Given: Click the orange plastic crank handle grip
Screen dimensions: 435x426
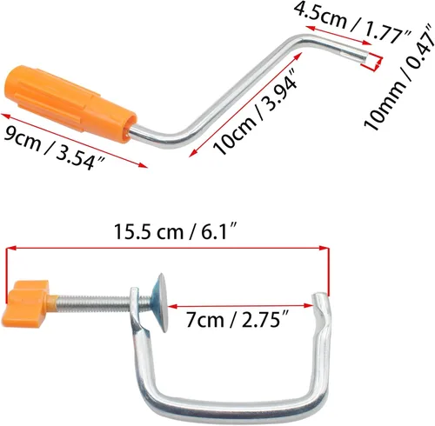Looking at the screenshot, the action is coord(71,103).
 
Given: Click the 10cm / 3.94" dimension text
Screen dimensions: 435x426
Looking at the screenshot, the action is coord(255,111).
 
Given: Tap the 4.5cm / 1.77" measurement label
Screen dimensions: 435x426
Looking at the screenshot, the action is coord(352,21).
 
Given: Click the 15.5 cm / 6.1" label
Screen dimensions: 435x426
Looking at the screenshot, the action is coord(176,232).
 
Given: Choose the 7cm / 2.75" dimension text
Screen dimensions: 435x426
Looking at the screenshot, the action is coord(238,320).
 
